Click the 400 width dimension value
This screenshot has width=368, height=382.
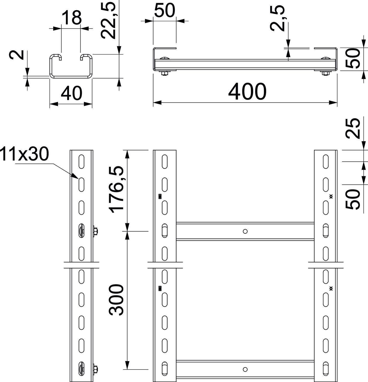247,91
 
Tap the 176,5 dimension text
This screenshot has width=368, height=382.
116,190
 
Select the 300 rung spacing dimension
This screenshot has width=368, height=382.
116,300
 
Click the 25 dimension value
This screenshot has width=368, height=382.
353,128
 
